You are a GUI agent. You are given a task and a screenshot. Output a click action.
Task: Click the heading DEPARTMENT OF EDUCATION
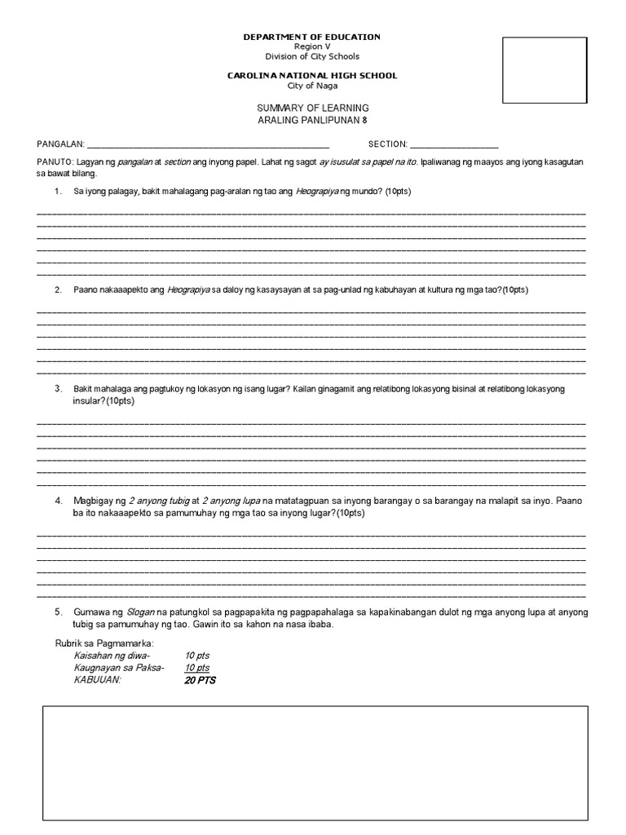[312, 37]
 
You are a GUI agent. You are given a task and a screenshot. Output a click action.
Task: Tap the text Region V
[312, 46]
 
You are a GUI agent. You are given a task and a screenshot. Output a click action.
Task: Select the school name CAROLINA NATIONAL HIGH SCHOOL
[312, 76]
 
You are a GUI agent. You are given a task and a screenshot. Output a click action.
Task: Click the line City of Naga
[312, 86]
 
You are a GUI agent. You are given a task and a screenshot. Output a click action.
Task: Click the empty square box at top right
[544, 70]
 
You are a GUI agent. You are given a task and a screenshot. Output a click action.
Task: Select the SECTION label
[388, 144]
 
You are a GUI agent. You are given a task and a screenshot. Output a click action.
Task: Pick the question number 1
[58, 191]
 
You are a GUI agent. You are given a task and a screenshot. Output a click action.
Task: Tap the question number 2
[58, 290]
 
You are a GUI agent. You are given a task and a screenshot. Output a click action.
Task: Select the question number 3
[58, 389]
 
